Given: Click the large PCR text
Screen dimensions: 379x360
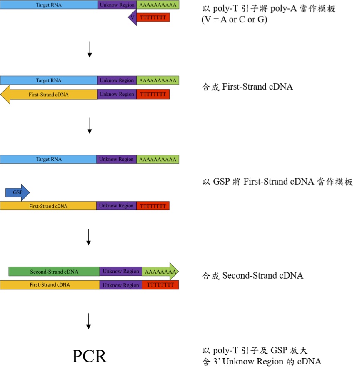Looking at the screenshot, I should click(x=90, y=357).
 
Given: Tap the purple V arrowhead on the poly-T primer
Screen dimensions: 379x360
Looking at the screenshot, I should click(x=132, y=17).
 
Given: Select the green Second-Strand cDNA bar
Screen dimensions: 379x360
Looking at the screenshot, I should click(x=54, y=272).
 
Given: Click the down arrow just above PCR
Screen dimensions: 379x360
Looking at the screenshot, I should click(x=88, y=322).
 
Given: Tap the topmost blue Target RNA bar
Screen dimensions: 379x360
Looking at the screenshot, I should click(x=49, y=5).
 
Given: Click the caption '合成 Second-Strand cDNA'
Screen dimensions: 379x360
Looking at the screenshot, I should click(x=252, y=276).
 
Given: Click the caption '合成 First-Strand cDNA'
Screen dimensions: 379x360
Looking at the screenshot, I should click(x=247, y=87).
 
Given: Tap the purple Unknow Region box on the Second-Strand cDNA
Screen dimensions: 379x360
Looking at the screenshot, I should click(x=121, y=272).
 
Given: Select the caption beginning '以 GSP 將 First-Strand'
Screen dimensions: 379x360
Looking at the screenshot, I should click(x=277, y=182).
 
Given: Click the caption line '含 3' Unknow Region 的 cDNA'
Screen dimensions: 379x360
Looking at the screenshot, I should click(x=261, y=362).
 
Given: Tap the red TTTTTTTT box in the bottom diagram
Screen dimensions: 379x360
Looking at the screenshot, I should click(x=160, y=285).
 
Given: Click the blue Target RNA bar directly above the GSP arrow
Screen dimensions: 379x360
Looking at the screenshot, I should click(x=49, y=160).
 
